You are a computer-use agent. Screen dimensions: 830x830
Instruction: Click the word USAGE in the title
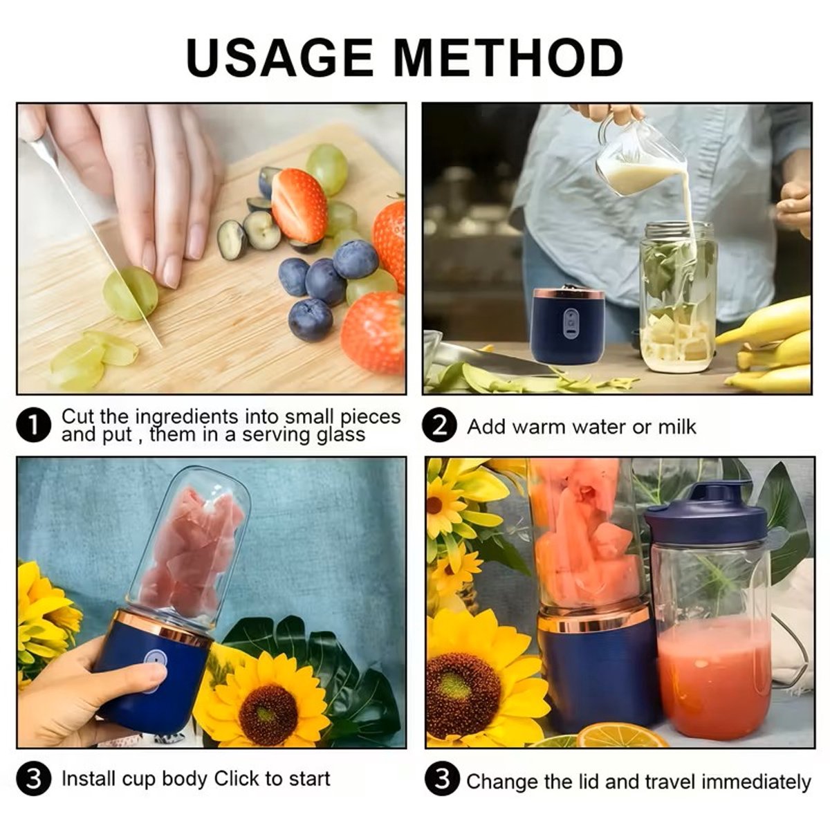280,57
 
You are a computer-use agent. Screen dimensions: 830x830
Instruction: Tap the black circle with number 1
34,425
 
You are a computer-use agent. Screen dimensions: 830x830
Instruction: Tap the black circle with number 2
439,427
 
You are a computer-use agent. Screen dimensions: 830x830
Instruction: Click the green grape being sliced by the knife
130,293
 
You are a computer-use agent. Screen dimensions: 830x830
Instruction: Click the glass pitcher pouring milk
638,154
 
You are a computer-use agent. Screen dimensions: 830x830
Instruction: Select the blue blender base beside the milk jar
569,325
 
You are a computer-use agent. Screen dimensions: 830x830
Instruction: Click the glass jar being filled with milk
678,297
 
